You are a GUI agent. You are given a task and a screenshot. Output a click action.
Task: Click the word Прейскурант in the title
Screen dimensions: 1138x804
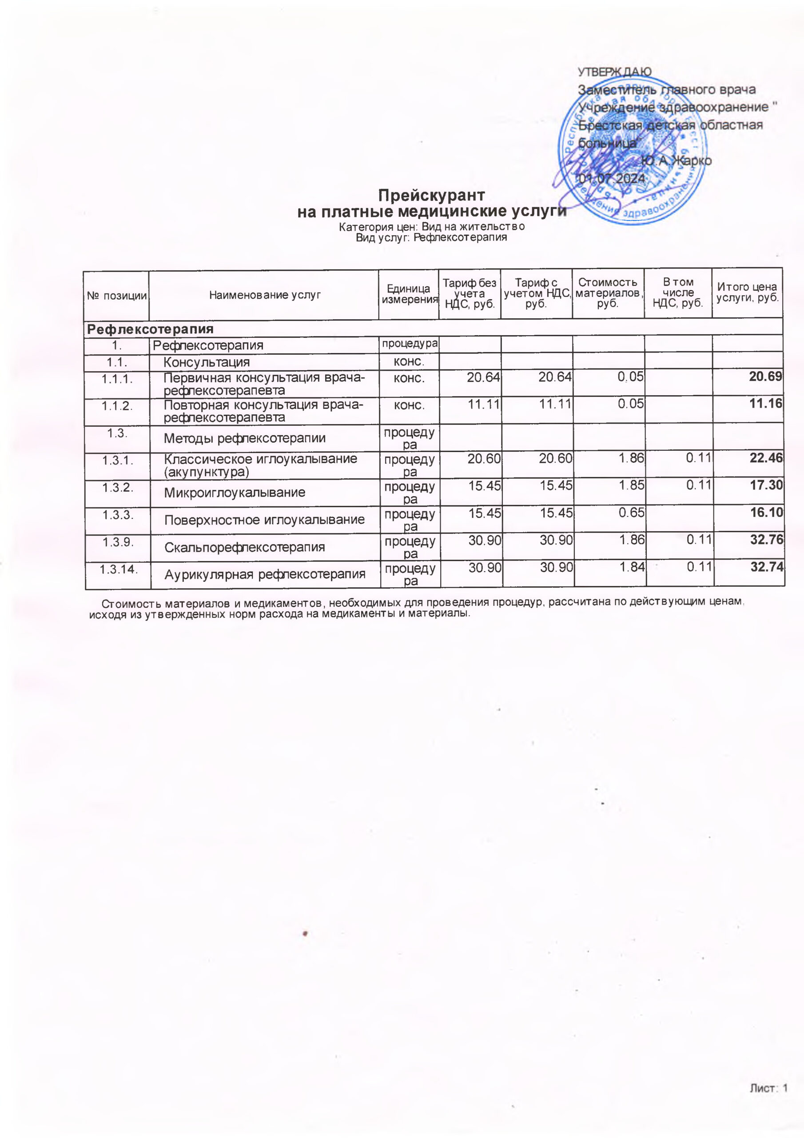pos(431,194)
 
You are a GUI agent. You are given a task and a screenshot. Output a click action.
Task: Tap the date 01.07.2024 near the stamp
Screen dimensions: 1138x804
pos(612,178)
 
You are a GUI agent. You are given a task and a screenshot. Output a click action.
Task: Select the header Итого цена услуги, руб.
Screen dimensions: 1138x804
pos(747,293)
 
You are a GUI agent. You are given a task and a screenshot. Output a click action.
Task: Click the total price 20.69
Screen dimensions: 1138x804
pos(765,377)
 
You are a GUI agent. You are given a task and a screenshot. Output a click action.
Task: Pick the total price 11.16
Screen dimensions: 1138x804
pos(765,404)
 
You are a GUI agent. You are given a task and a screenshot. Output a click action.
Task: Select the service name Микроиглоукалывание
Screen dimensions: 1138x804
pos(234,493)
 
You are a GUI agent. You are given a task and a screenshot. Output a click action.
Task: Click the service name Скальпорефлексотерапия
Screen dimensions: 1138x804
pos(244,547)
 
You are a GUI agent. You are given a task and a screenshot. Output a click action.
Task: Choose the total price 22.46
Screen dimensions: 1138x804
pos(766,458)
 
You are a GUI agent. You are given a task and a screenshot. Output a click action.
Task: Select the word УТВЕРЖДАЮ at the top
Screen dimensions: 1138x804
pos(614,72)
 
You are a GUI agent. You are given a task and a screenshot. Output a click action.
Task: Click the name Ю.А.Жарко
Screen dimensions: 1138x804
pos(676,161)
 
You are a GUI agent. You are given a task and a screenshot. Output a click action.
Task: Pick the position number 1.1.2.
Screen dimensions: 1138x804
pos(117,406)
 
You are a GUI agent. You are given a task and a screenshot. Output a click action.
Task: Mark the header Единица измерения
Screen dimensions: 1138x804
pos(409,294)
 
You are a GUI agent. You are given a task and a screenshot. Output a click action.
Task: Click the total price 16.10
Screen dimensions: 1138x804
pos(766,513)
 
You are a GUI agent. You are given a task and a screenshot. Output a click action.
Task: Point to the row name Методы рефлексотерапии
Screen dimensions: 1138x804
pos(244,438)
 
